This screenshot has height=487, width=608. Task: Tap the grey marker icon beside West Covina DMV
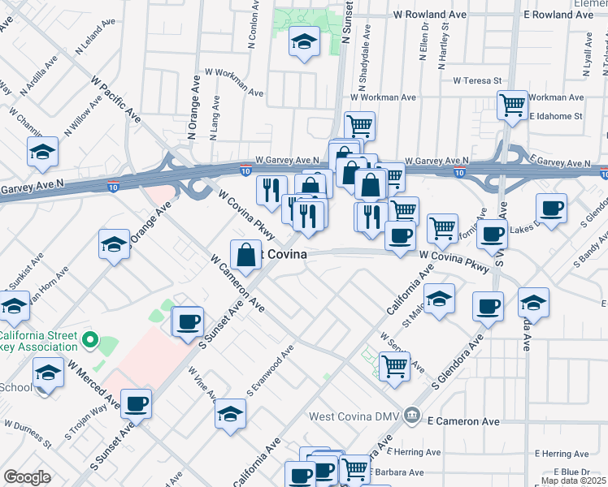[x=413, y=416]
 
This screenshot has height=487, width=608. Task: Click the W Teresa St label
[x=478, y=80]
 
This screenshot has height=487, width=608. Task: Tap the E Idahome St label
[x=556, y=116]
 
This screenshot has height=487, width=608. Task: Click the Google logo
[x=27, y=477]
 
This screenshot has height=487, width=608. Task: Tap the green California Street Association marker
[x=90, y=341]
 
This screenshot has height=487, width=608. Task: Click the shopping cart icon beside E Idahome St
[x=512, y=104]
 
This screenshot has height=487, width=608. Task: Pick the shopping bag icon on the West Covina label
[x=245, y=254]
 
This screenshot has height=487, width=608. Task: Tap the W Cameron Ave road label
[x=237, y=284]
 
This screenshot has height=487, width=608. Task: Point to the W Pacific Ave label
[x=115, y=101]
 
